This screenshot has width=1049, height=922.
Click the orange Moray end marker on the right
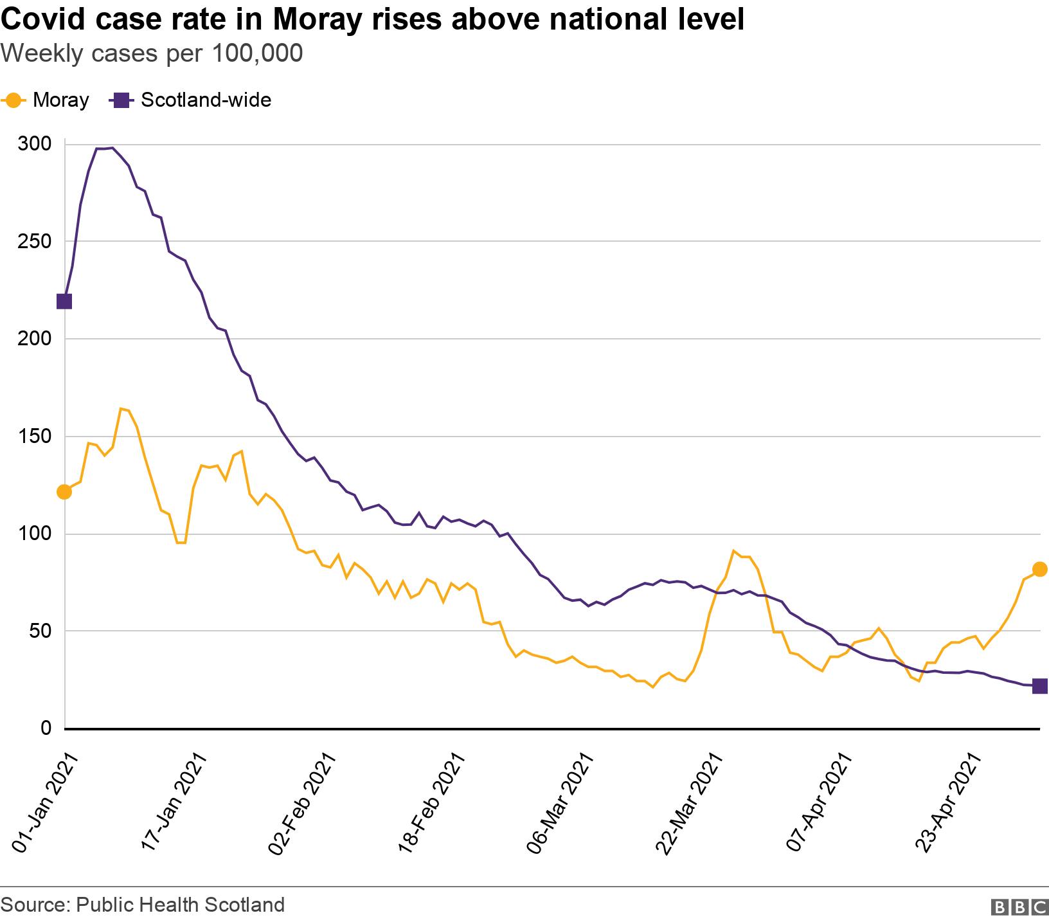tap(1039, 569)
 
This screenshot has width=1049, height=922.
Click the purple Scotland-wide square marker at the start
tap(64, 301)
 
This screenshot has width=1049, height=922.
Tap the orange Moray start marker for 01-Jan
tap(64, 492)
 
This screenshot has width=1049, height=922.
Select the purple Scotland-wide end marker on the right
tap(1039, 686)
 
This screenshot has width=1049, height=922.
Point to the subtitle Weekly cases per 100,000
tap(152, 54)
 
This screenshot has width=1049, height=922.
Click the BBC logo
tap(1019, 906)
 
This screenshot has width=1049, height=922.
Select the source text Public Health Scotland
tap(180, 905)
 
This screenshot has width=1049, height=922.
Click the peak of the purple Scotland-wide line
tap(112, 148)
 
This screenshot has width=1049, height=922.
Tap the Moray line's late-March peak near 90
tap(733, 551)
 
